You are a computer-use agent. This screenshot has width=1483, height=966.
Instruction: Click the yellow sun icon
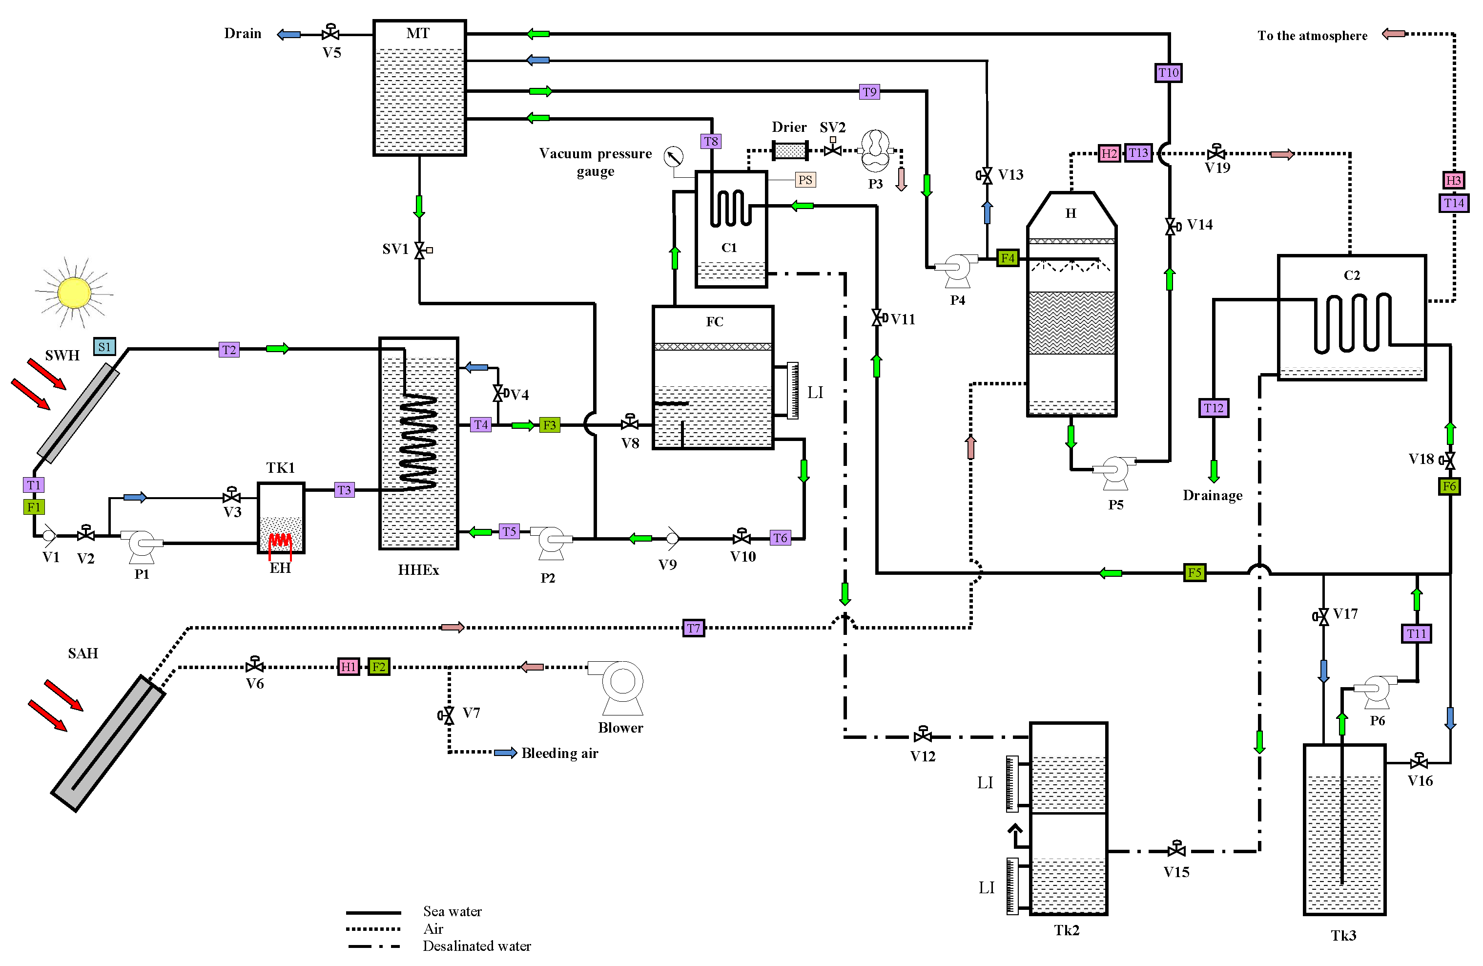tap(74, 293)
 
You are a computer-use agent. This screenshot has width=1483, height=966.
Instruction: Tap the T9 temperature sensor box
tap(869, 92)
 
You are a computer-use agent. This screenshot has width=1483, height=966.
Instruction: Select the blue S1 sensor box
tap(104, 347)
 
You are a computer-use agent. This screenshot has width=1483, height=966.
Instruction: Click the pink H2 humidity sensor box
tap(1109, 153)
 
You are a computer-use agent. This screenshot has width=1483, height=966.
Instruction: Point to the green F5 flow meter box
tap(1195, 572)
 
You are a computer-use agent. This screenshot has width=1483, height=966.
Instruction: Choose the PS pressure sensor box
tap(805, 180)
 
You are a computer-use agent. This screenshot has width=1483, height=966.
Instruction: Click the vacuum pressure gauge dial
tap(674, 156)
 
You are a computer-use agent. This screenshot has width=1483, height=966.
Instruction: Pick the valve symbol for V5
tap(331, 32)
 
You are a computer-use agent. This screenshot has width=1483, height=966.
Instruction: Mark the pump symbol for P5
tap(1114, 471)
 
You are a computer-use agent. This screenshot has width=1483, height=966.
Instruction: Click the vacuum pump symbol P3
tap(876, 150)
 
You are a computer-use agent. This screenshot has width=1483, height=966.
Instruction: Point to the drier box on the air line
tap(790, 150)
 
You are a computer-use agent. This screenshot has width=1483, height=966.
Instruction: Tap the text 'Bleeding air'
tap(559, 753)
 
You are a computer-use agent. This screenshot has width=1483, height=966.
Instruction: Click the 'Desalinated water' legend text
tap(476, 946)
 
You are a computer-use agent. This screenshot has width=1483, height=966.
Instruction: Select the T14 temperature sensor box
tap(1454, 203)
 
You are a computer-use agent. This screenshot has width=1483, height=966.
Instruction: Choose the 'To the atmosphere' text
tap(1312, 36)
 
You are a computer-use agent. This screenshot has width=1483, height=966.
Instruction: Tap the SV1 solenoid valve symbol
tap(421, 250)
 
